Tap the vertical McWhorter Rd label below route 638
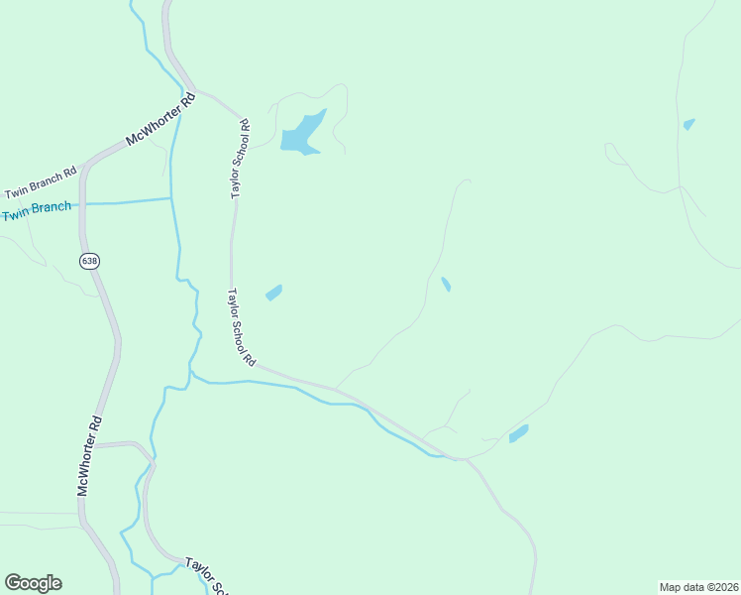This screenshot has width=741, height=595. point(90,455)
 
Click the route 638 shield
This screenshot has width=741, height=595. point(90,261)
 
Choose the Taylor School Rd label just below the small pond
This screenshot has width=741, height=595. point(243,326)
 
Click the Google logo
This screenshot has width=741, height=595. point(33,583)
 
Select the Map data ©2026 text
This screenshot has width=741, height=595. point(698,586)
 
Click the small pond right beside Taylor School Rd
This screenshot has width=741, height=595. point(273,293)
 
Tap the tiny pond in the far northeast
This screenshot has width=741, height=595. point(688,124)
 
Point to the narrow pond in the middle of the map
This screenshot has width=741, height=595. point(446,285)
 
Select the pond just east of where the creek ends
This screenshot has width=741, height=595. point(518,433)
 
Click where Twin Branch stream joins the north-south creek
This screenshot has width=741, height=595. point(171,198)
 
